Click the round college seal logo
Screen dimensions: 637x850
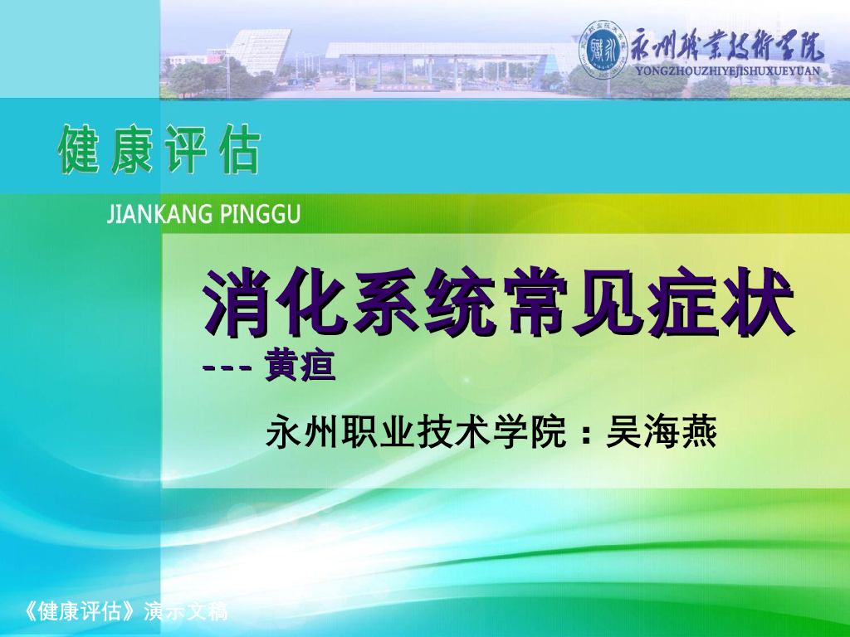[x=602, y=50]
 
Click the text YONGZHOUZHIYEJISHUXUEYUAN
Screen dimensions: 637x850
[x=726, y=71]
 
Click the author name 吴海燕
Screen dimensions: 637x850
[x=662, y=432]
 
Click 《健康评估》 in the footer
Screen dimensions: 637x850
[x=81, y=614]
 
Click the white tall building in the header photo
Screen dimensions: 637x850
[x=259, y=48]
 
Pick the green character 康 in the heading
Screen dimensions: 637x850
[x=133, y=150]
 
